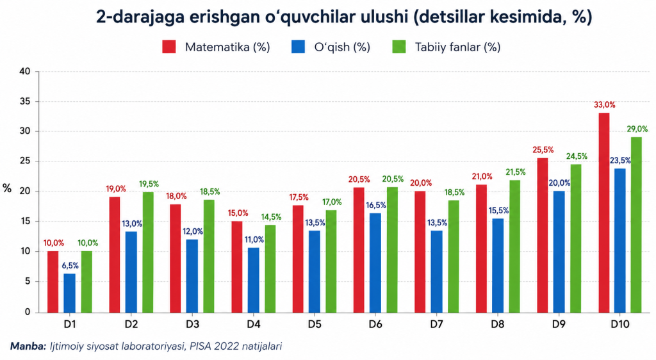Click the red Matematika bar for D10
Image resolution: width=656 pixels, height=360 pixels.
pyautogui.click(x=603, y=213)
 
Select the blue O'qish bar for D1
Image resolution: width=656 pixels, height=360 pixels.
pyautogui.click(x=69, y=293)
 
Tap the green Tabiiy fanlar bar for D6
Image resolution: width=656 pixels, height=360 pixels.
pyautogui.click(x=392, y=250)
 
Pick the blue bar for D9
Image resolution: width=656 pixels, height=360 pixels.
pyautogui.click(x=559, y=252)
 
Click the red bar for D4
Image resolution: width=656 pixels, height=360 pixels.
pyautogui.click(x=237, y=266)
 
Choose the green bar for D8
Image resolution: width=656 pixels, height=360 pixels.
pyautogui.click(x=514, y=246)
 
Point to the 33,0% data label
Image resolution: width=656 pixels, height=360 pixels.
pyautogui.click(x=605, y=105)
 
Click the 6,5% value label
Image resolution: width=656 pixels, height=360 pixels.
pyautogui.click(x=70, y=265)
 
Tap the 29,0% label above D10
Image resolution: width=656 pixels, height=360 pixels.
pyautogui.click(x=637, y=129)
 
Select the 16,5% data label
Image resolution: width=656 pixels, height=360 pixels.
pyautogui.click(x=375, y=205)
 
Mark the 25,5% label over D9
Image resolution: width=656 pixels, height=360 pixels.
pyautogui.click(x=543, y=150)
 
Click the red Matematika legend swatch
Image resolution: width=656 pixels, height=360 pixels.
pyautogui.click(x=169, y=47)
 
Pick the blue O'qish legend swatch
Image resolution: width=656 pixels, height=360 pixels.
pyautogui.click(x=299, y=47)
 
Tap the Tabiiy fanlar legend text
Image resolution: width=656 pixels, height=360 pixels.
pyautogui.click(x=457, y=47)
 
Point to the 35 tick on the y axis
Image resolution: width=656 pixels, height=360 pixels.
pyautogui.click(x=25, y=102)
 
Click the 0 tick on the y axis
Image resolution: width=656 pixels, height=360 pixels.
pyautogui.click(x=28, y=312)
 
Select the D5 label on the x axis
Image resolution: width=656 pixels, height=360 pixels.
pyautogui.click(x=315, y=325)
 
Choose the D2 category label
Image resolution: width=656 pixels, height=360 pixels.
pyautogui.click(x=131, y=325)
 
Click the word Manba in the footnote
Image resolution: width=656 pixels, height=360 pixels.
pyautogui.click(x=28, y=346)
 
